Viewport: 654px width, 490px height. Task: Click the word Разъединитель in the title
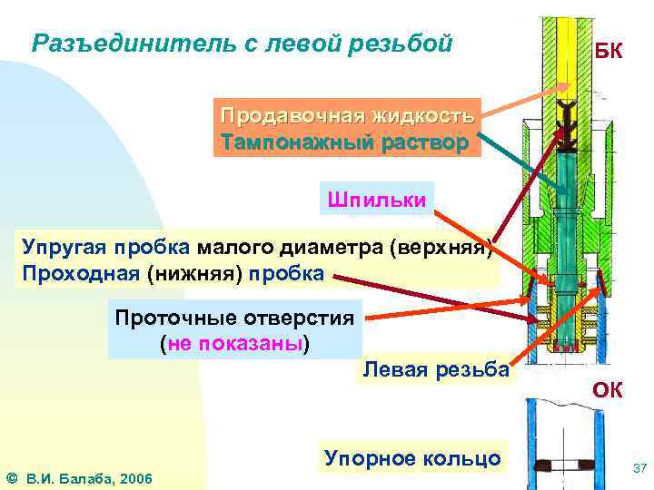click(109, 43)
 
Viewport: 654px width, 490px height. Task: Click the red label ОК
click(608, 390)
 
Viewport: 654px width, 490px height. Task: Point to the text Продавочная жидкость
click(347, 117)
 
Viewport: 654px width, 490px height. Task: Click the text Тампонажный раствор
click(344, 142)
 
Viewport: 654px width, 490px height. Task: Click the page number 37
click(639, 468)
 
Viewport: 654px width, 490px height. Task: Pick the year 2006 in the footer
click(134, 477)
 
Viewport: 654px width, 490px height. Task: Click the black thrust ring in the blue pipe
click(567, 466)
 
